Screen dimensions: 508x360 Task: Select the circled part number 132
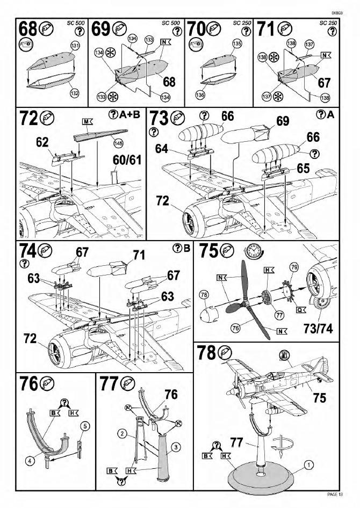(x=74, y=93)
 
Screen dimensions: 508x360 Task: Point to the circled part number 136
(x=200, y=95)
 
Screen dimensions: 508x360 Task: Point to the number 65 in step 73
(x=303, y=168)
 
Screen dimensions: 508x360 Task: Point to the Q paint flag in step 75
(x=300, y=309)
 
